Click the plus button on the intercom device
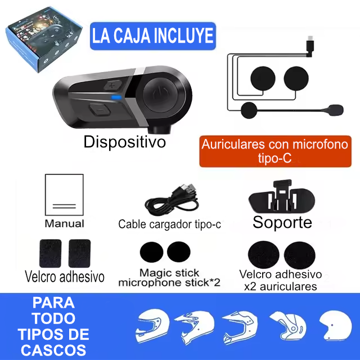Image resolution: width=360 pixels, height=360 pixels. click(x=112, y=85)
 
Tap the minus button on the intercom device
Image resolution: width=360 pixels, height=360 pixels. click(x=100, y=110)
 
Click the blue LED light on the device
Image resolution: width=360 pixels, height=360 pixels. click(x=116, y=97)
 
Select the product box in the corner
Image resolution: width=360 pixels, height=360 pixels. click(x=44, y=39)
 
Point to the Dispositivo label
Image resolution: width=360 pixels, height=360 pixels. click(x=124, y=142)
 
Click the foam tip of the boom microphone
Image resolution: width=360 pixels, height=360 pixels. click(x=335, y=110)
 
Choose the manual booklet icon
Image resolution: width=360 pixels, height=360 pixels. click(x=64, y=195)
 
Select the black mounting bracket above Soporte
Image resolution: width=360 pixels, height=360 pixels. click(x=282, y=197)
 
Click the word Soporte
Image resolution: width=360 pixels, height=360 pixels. click(x=282, y=222)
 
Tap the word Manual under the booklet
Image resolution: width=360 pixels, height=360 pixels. click(x=65, y=223)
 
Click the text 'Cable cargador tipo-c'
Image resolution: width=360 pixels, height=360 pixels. click(x=169, y=224)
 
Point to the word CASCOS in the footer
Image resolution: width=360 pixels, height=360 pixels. click(x=53, y=350)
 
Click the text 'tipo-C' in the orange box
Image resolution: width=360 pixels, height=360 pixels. click(x=275, y=158)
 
